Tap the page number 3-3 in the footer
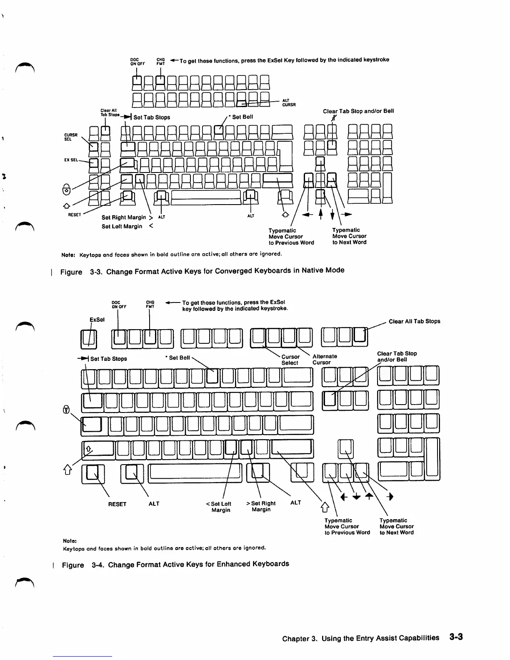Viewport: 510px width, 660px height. tap(456, 637)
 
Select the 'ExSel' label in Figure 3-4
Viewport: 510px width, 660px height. tap(97, 320)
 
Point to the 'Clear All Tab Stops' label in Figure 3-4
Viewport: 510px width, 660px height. tap(414, 321)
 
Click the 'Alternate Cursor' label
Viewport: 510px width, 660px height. tap(325, 359)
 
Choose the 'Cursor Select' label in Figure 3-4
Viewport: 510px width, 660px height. tap(290, 360)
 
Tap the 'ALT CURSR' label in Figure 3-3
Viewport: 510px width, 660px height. tap(289, 102)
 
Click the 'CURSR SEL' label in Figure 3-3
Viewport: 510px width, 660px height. tap(70, 137)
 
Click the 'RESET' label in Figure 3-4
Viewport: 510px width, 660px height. tap(117, 504)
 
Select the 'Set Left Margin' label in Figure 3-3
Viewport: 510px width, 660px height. tap(122, 226)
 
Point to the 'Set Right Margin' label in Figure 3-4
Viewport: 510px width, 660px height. tap(261, 506)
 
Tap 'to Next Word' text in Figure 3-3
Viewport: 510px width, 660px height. tap(349, 242)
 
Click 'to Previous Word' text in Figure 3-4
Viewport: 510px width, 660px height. tap(347, 532)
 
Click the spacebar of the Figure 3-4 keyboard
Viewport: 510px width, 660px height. tap(195, 471)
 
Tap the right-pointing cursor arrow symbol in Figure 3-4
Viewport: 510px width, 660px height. tap(390, 497)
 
